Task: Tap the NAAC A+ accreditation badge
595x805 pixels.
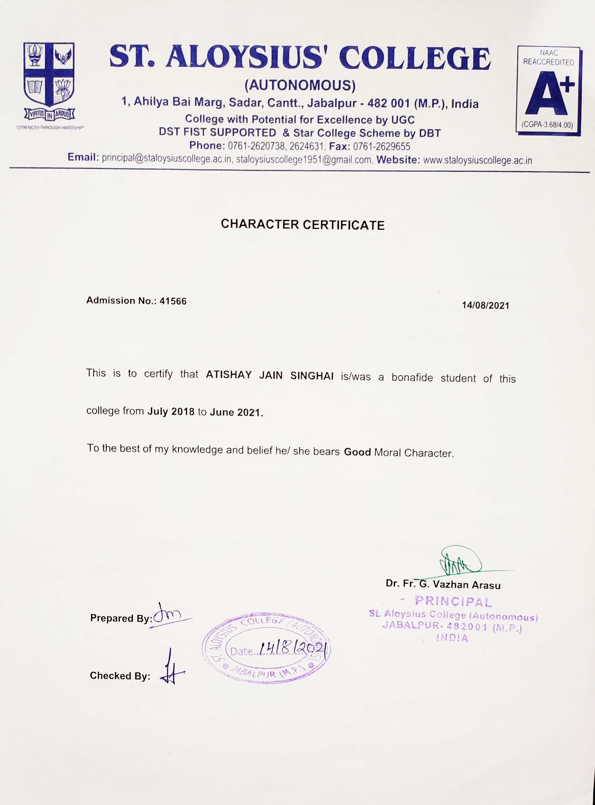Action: click(549, 90)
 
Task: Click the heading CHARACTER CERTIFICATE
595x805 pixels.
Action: click(303, 225)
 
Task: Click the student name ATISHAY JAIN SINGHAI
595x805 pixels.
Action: click(269, 375)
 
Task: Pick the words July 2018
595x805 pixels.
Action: click(171, 411)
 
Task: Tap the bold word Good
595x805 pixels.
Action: click(357, 452)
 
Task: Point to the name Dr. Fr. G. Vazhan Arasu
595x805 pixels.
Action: click(443, 584)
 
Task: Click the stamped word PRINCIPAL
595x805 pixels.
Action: click(453, 601)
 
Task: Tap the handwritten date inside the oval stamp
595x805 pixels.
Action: click(294, 649)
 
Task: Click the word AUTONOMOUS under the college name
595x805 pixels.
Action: click(300, 85)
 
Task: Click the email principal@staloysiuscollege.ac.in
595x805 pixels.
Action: click(166, 158)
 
